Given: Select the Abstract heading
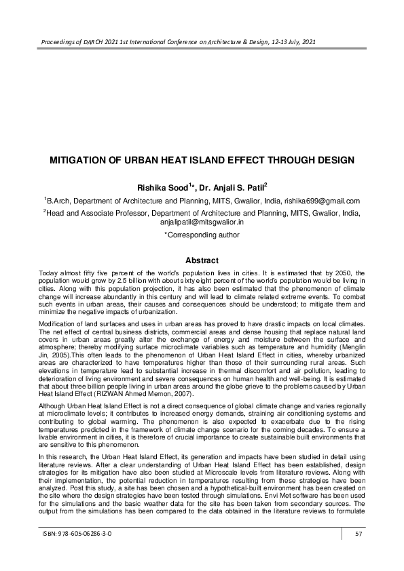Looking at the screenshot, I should tap(202, 260).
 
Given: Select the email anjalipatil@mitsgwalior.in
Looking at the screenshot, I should tap(202, 222).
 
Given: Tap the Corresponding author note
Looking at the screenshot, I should tap(202, 235).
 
